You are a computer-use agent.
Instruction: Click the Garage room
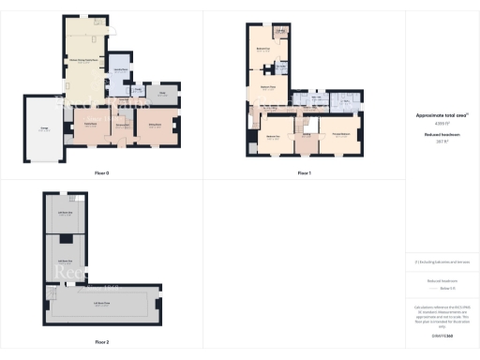(44, 131)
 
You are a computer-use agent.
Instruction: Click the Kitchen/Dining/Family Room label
(85, 62)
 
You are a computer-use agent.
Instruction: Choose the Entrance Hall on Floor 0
(122, 127)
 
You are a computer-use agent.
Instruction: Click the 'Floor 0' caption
(101, 173)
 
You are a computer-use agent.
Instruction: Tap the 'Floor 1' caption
(303, 173)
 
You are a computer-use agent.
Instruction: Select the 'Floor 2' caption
(101, 342)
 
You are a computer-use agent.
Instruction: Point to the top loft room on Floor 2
(66, 213)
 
